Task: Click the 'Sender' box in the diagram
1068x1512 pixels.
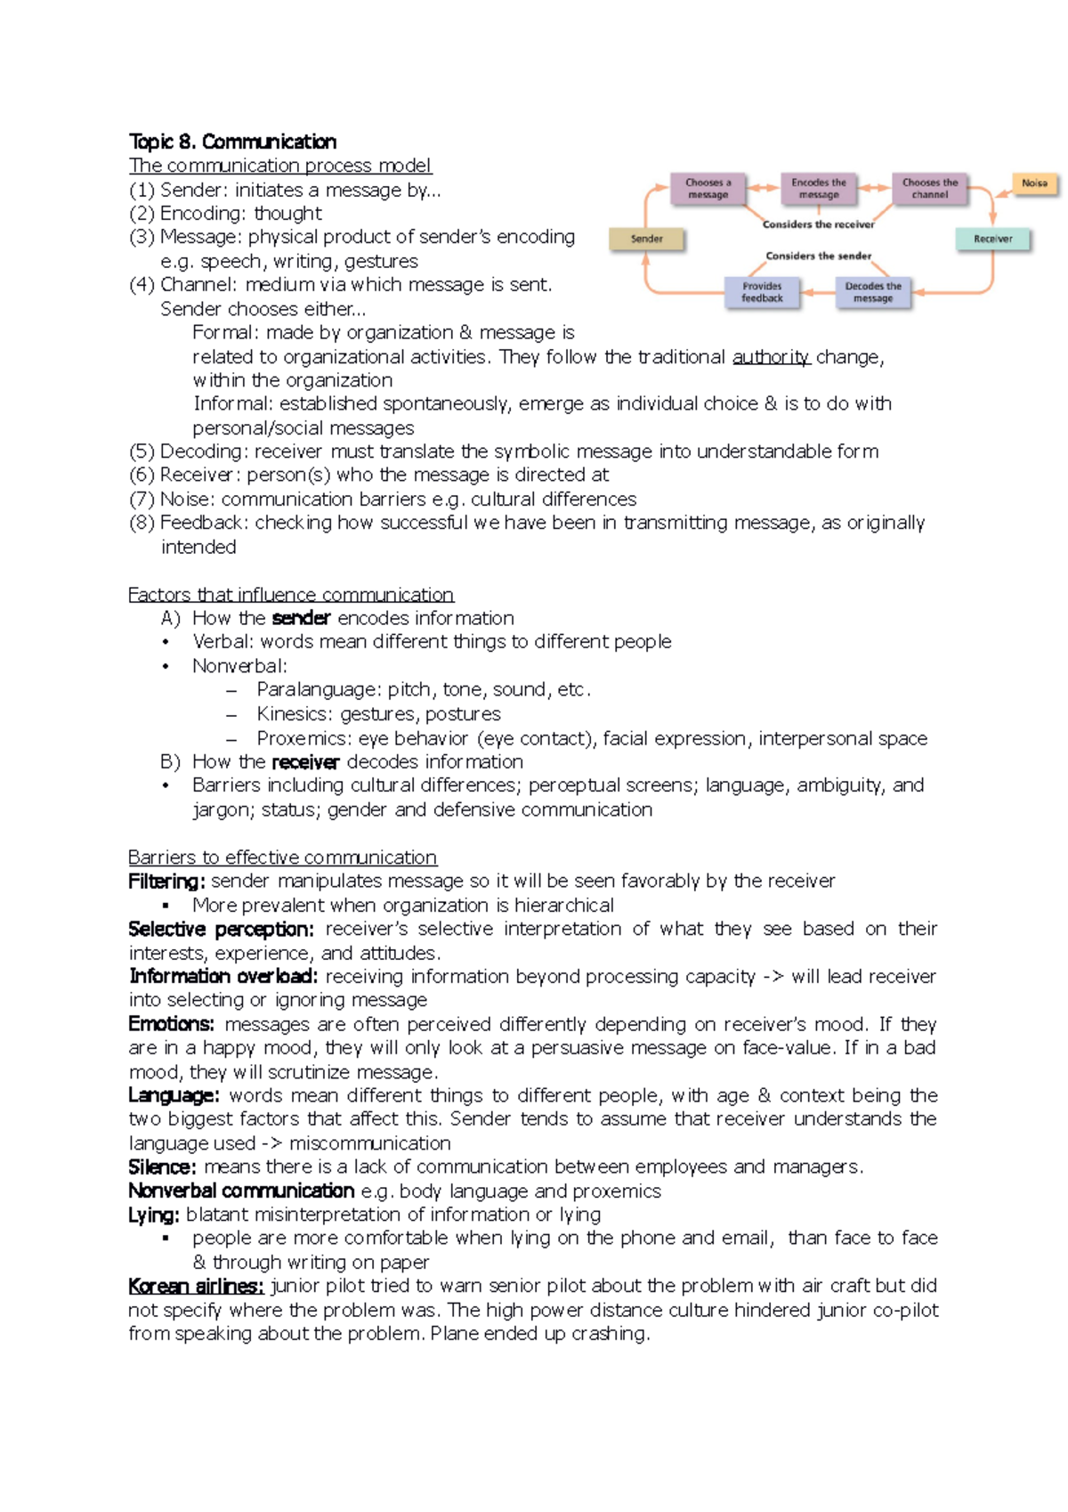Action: [x=647, y=239]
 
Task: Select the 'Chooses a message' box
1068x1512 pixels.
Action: [x=708, y=189]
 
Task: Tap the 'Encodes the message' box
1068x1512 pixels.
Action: [x=819, y=189]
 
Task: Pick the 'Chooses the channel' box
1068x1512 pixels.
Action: [x=930, y=189]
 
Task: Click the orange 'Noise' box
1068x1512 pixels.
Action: [x=1034, y=183]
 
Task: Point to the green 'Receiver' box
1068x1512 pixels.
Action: [x=993, y=239]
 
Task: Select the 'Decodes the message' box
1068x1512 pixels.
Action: [x=873, y=292]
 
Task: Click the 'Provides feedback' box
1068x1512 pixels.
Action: [x=763, y=292]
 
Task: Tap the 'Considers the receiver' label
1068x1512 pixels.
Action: [x=818, y=224]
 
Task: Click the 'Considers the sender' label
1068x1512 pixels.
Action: [x=818, y=256]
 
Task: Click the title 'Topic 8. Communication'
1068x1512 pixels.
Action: [x=232, y=142]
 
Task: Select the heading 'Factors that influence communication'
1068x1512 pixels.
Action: [x=291, y=594]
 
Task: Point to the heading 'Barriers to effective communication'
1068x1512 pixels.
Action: [x=282, y=857]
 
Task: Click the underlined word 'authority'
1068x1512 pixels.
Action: [x=771, y=357]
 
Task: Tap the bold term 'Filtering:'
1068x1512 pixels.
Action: [x=166, y=882]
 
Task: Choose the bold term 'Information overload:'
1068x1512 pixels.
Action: [x=222, y=976]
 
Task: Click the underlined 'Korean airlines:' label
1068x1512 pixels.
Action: [x=196, y=1286]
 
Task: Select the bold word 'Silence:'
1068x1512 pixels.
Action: [x=162, y=1167]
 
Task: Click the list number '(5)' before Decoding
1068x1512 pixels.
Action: [x=142, y=451]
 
